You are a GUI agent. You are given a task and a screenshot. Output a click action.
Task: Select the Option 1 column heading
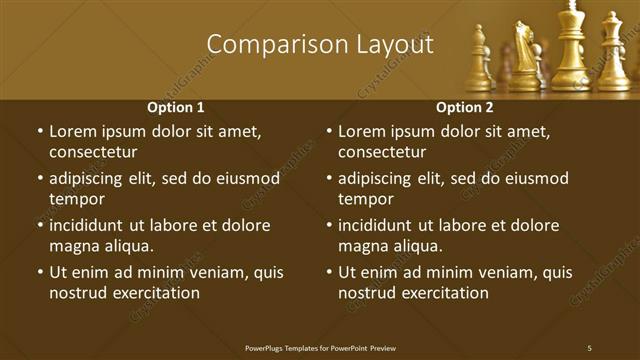pyautogui.click(x=176, y=107)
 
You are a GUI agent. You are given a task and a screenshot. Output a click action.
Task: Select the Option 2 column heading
pyautogui.click(x=465, y=107)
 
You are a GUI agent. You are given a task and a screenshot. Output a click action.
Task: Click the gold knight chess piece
pyautogui.click(x=524, y=55)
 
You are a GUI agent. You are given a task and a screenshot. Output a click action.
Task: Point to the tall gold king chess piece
pyautogui.click(x=570, y=45)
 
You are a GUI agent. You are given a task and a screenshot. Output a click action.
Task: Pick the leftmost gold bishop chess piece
pyautogui.click(x=479, y=60)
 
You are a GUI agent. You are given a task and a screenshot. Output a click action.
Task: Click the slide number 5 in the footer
pyautogui.click(x=589, y=347)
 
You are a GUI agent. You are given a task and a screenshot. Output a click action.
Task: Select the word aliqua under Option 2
pyautogui.click(x=417, y=246)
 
